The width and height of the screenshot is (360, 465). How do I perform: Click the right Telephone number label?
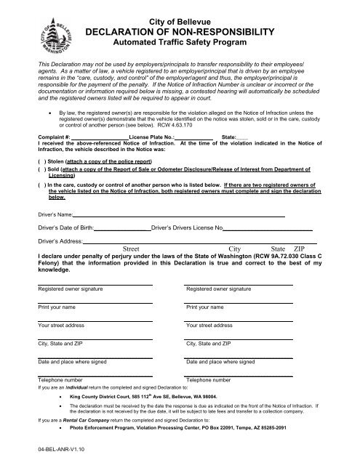tap(209, 380)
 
